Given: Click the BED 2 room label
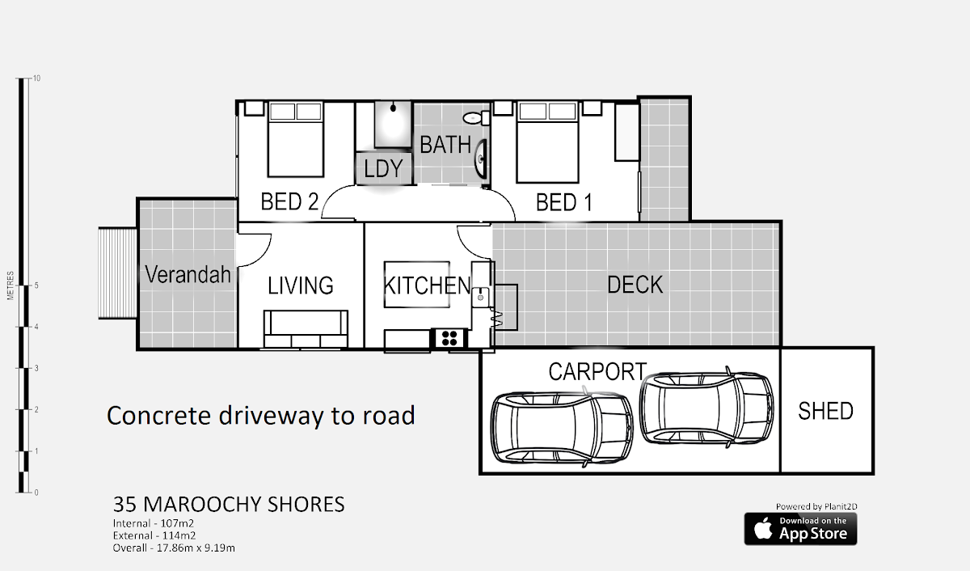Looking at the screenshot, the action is point(289,201).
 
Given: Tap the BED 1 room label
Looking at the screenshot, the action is point(564,202).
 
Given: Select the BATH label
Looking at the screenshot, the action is point(445,145).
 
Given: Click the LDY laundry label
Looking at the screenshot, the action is point(383,168).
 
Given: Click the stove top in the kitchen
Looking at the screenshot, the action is point(449,338).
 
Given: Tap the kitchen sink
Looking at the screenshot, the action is point(480,297).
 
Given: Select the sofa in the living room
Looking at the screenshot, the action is point(306,328).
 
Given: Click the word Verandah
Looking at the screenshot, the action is point(188,274).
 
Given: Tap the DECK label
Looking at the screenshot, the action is point(635,285).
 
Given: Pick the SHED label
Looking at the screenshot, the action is point(825,411).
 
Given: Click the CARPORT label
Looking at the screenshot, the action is point(597,371).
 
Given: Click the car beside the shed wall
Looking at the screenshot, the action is point(706,408).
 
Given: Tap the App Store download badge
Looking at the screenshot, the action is point(800,529).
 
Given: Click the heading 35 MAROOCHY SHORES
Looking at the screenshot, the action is point(229,505).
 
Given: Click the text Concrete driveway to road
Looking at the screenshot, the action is point(260,416).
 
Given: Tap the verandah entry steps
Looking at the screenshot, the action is point(117,273).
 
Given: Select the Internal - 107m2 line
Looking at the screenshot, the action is point(154,523).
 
